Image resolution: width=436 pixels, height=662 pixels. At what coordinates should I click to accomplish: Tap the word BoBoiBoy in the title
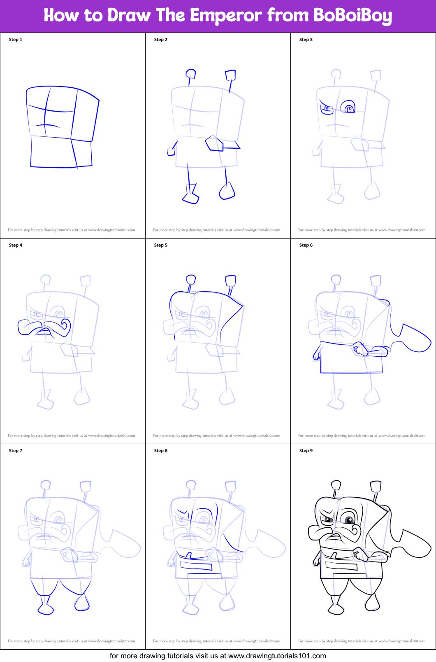[352, 16]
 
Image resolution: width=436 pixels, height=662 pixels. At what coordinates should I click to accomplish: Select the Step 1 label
[16, 40]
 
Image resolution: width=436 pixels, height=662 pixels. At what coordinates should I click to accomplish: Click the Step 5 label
[161, 245]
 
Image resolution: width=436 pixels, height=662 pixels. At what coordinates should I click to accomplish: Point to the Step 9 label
[306, 451]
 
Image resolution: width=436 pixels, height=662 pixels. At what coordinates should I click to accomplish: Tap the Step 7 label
[16, 451]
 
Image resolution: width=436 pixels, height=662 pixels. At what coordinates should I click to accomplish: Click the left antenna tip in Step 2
[190, 74]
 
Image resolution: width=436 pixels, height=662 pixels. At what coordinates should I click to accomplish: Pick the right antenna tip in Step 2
[231, 75]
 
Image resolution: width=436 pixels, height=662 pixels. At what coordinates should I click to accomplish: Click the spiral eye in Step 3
[348, 108]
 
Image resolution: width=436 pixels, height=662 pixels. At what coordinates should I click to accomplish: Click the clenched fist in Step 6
[360, 349]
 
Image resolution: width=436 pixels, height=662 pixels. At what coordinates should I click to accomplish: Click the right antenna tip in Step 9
[376, 486]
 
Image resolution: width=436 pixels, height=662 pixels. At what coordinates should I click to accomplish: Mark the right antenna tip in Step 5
[231, 281]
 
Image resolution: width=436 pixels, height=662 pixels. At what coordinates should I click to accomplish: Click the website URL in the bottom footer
[277, 656]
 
